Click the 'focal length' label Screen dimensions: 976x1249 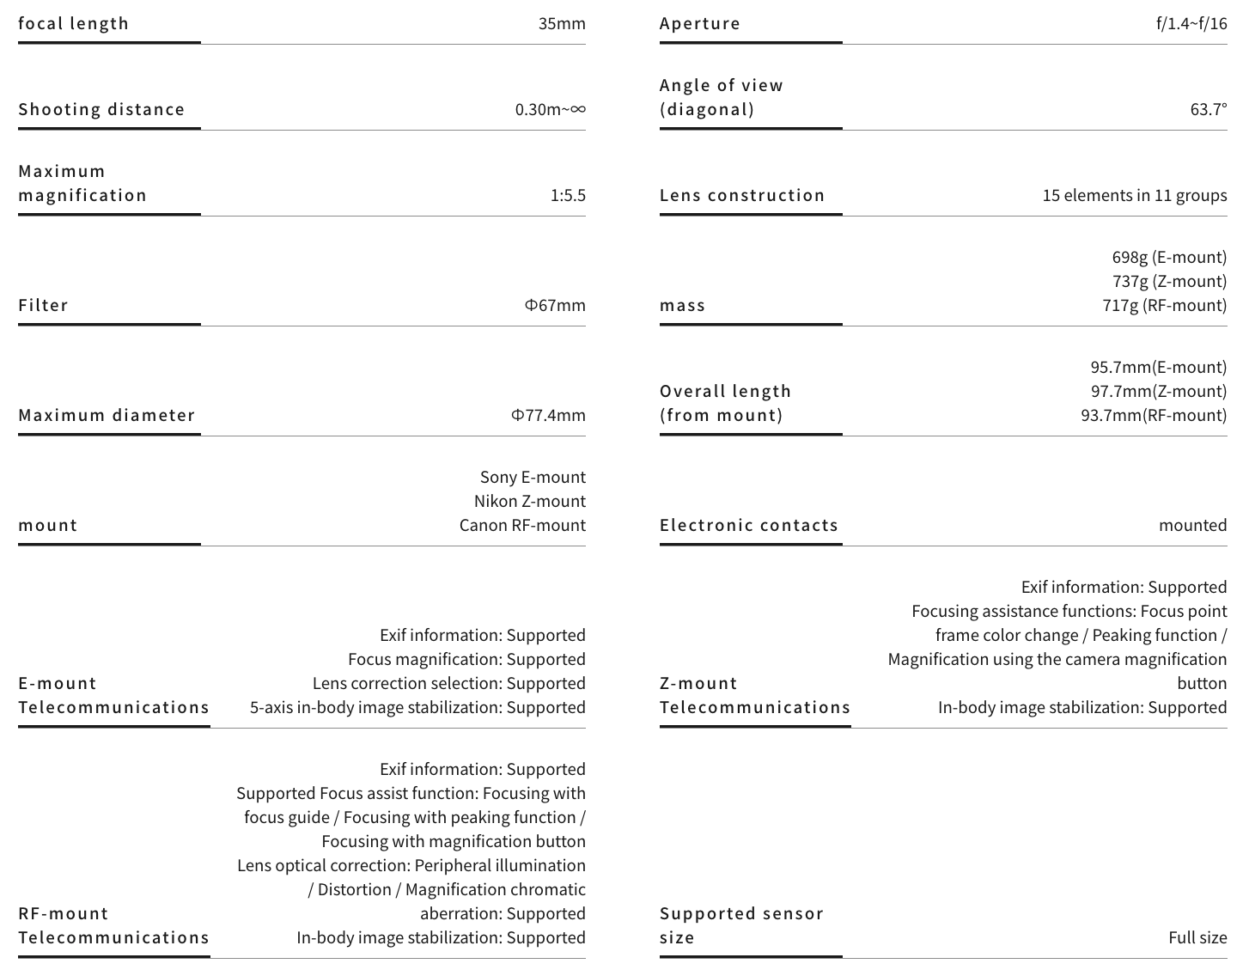pos(74,23)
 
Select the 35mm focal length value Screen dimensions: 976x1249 pos(562,23)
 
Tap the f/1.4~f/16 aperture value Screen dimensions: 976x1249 pos(1191,23)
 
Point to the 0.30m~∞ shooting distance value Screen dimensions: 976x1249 pos(550,109)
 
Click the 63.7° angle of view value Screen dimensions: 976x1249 pos(1209,109)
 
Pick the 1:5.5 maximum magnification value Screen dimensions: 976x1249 pos(568,195)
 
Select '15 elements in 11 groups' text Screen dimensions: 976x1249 pos(1134,195)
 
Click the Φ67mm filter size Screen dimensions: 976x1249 pos(555,305)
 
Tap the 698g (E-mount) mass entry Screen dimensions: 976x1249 pos(1169,257)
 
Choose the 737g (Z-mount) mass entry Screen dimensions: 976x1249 pos(1169,281)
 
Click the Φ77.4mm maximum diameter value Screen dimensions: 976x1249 pos(548,415)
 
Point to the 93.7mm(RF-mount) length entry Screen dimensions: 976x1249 pos(1154,415)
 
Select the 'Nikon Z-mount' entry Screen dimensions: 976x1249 pos(529,501)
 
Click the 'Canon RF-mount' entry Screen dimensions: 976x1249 pos(522,525)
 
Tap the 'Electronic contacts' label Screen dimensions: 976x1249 pos(748,525)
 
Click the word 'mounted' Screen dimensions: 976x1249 pos(1192,525)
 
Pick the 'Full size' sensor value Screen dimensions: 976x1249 pos(1197,937)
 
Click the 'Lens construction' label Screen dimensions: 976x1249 pos(742,195)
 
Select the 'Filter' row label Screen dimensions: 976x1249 pos(43,305)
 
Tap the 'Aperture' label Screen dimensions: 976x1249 pos(700,23)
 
